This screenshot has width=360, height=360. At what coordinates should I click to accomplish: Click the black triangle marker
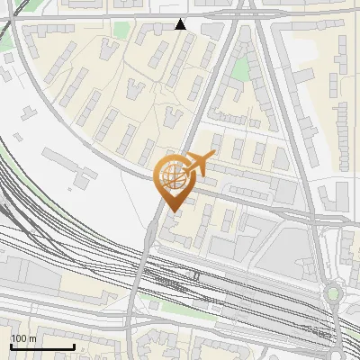(181, 24)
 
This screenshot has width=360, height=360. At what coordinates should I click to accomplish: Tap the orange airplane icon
(199, 164)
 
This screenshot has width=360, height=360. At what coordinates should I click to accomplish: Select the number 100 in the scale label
(18, 338)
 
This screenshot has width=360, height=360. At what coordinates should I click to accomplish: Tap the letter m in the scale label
(31, 338)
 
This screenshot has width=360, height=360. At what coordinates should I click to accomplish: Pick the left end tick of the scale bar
(11, 346)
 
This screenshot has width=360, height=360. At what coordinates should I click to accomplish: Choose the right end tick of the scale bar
(74, 346)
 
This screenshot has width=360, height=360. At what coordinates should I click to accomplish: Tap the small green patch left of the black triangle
(121, 31)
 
